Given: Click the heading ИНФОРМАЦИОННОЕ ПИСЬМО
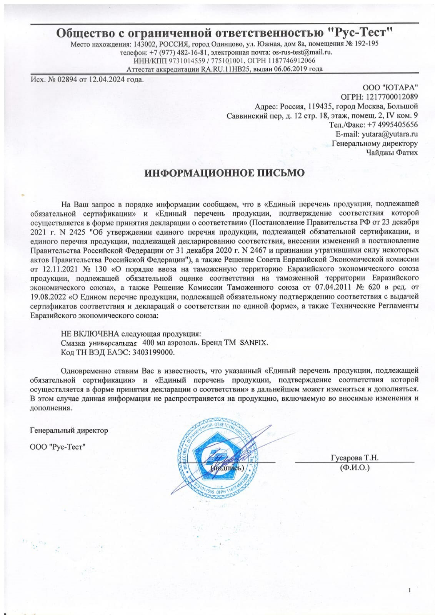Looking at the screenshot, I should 224,173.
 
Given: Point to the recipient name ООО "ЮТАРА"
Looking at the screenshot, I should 390,88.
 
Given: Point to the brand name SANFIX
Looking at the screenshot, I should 253,343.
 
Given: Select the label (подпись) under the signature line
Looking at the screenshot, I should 227,468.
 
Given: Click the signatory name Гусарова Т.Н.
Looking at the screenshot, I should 355,458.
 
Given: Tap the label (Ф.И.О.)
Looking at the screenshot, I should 355,468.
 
